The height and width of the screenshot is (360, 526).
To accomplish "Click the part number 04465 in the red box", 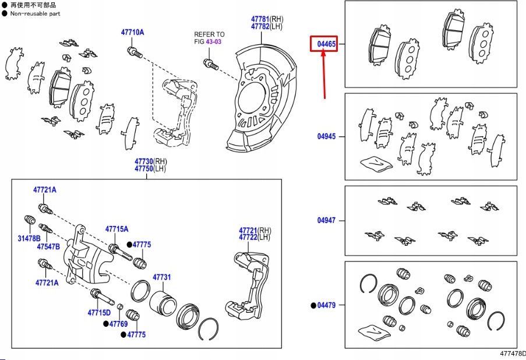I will click(x=327, y=44).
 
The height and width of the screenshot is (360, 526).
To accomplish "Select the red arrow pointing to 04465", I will click(x=324, y=73).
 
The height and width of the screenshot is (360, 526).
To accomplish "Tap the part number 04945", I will click(x=326, y=136).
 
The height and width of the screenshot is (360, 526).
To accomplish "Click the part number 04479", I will click(x=327, y=305).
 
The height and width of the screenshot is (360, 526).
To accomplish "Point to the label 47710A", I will click(x=132, y=32).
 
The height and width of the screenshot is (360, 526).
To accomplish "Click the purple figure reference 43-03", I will click(x=216, y=42).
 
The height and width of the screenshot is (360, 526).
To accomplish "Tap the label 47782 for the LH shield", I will click(x=260, y=26).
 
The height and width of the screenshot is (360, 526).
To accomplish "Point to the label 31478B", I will click(x=29, y=238).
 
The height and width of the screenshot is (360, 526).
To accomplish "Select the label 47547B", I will click(x=48, y=246).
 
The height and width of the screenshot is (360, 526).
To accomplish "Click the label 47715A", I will click(x=117, y=230).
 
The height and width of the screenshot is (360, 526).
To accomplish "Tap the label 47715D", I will click(x=99, y=313).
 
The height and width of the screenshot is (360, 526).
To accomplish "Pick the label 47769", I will click(x=119, y=323).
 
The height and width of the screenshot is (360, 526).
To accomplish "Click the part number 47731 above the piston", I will click(x=162, y=277).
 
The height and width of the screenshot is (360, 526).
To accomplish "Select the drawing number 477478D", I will click(x=512, y=354).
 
